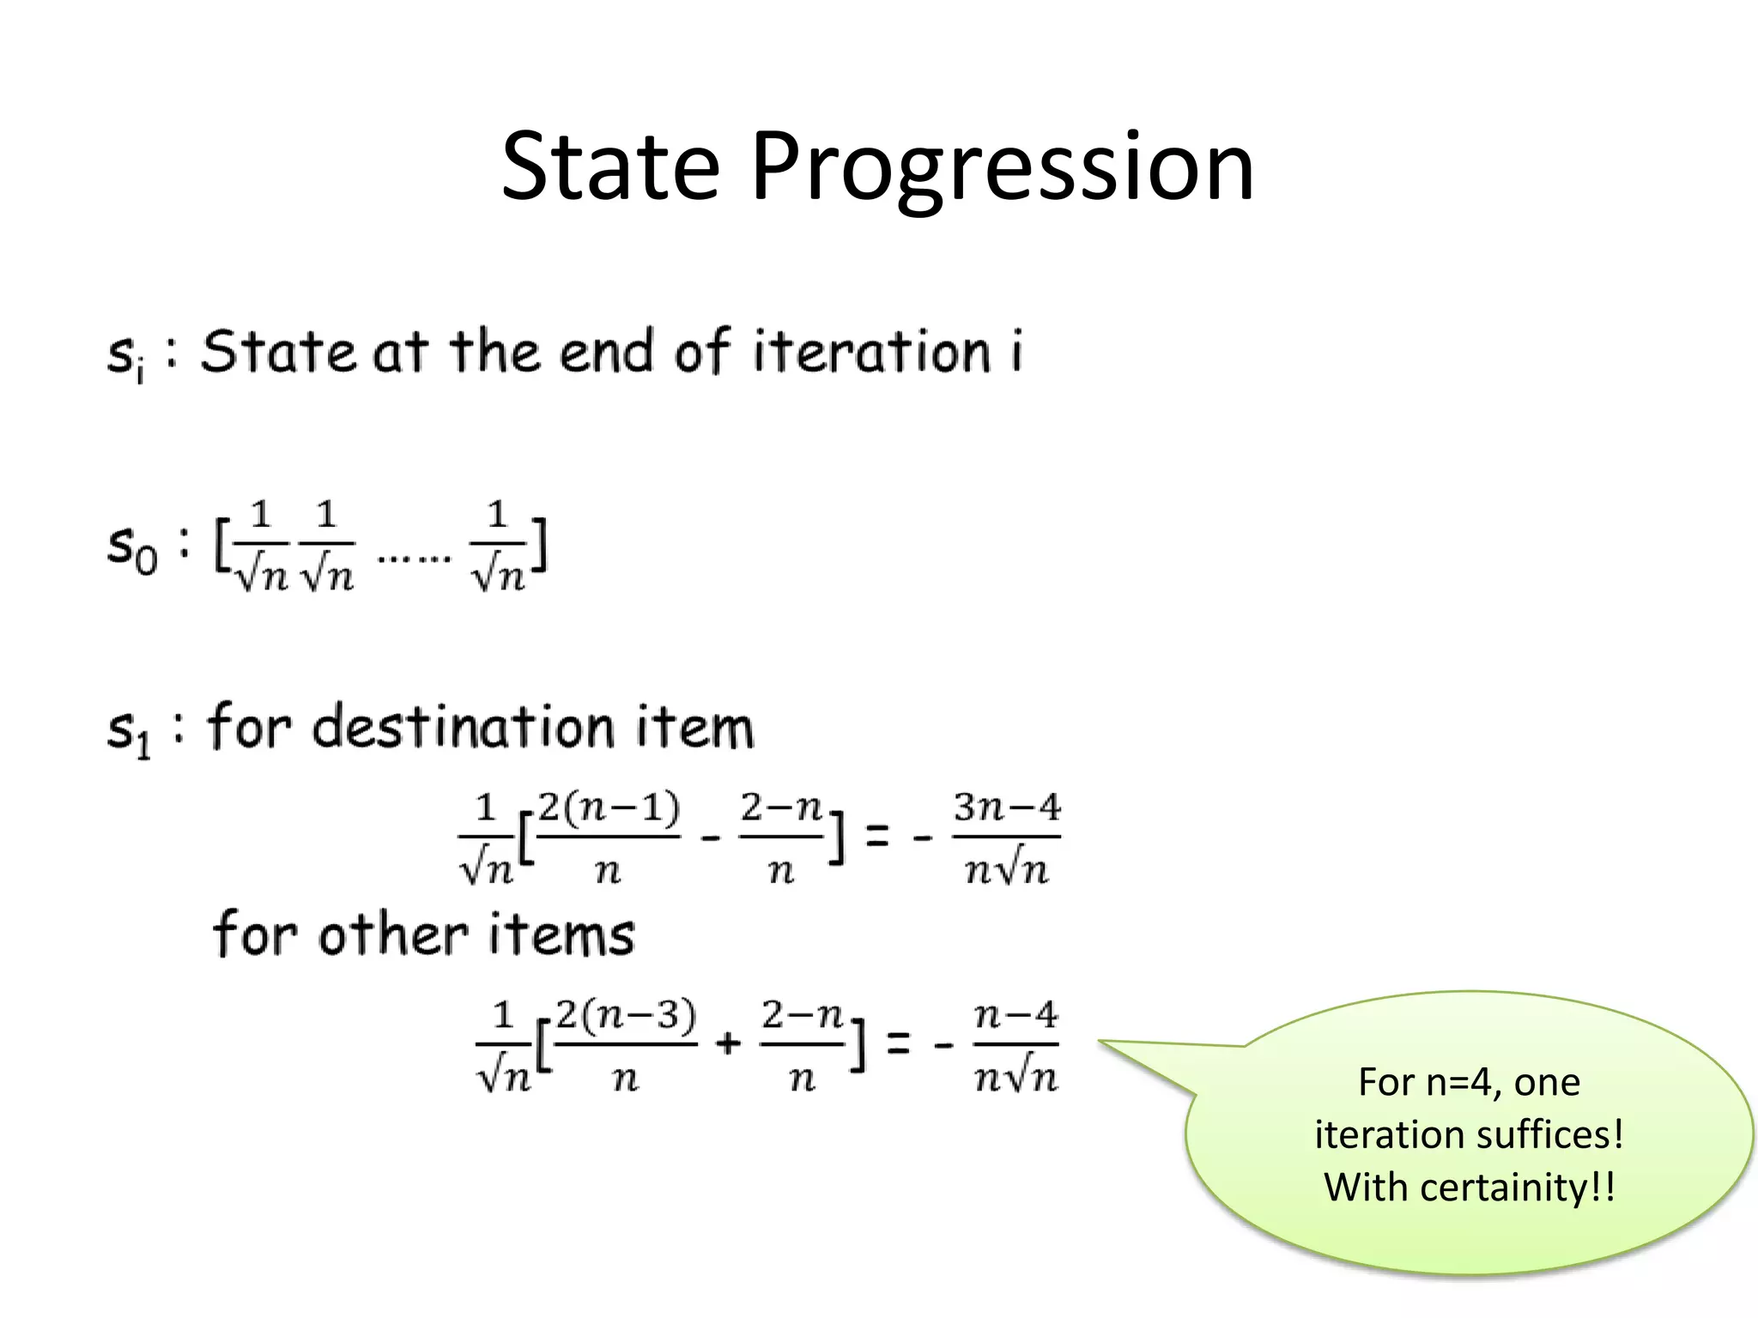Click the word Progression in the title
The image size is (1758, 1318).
pos(1002,167)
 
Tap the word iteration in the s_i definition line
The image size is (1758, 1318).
pos(871,352)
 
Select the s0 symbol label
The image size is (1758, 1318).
pos(131,547)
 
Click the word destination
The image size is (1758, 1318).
pos(464,728)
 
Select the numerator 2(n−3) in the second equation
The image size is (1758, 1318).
pos(626,1017)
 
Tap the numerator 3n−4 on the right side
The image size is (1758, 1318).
pos(1006,808)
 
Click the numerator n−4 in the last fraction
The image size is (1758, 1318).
pos(1015,1017)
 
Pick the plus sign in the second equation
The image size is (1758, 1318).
pos(727,1043)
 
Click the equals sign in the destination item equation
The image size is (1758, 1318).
pos(876,836)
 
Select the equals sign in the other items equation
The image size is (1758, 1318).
pos(897,1043)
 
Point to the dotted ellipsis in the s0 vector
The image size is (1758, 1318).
pos(414,559)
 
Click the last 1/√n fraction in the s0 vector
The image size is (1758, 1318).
pos(498,546)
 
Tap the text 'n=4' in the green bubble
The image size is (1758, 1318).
pos(1464,1083)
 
